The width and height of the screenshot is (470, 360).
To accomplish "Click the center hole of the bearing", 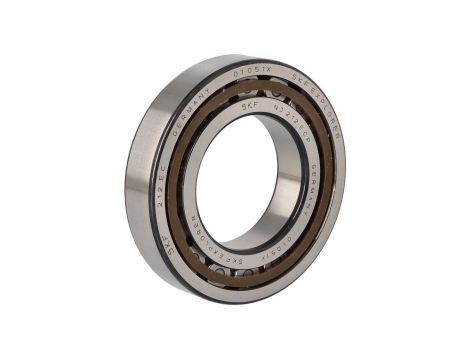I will pyautogui.click(x=245, y=180).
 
